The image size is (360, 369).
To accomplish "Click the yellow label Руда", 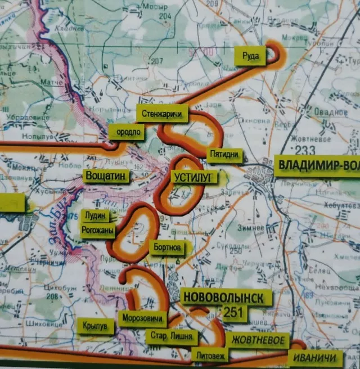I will coord(250,56).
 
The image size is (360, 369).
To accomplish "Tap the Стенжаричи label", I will coord(163,114).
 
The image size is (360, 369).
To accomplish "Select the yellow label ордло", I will coord(127,133).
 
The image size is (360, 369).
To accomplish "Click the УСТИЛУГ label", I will coord(195,177).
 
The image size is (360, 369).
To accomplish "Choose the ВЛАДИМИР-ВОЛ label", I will coord(318,165).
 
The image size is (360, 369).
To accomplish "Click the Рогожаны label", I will coord(98,230).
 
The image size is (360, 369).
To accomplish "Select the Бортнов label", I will coord(167,247).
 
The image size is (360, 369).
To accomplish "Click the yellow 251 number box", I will coord(235,312).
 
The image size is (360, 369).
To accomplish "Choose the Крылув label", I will coord(94,326).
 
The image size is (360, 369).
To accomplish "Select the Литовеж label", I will coord(210,355).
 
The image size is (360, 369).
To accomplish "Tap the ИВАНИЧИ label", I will coord(315,358).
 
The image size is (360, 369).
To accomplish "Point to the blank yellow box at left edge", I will coord(12,202).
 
